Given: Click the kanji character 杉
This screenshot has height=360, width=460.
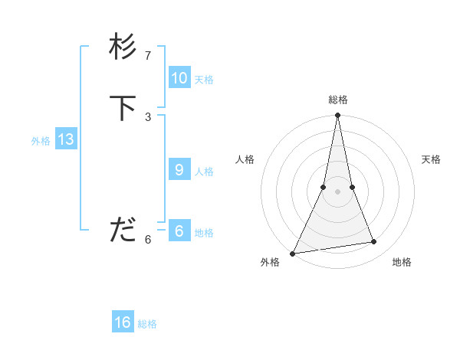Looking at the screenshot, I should [123, 47].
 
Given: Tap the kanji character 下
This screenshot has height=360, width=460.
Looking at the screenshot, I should [123, 108].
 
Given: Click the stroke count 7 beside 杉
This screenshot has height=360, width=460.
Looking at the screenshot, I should [148, 56].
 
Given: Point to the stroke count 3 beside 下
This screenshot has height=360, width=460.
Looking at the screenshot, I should [148, 116].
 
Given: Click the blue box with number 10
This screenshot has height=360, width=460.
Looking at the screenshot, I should [179, 78].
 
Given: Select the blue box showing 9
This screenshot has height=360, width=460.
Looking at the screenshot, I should [179, 170].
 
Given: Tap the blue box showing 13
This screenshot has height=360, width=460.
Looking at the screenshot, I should [66, 139].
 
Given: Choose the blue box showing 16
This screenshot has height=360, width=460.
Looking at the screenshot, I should [123, 322].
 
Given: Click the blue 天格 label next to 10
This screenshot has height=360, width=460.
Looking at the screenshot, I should [204, 80].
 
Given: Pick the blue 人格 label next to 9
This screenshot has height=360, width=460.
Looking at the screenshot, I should [204, 172].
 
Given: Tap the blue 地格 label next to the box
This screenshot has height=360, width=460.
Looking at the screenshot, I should [204, 233].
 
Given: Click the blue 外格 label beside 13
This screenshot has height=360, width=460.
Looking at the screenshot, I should [41, 141].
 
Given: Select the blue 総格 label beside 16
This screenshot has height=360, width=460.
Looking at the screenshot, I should [147, 324].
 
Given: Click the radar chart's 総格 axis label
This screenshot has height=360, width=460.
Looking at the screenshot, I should [338, 100].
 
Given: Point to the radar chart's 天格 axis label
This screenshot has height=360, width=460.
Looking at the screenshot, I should [432, 159].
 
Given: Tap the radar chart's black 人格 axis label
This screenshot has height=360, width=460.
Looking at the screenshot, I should [245, 159].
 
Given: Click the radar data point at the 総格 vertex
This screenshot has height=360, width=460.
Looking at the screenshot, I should [337, 116].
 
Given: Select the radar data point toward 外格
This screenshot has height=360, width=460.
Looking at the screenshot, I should [292, 254].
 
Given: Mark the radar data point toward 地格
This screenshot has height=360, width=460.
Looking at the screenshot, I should [374, 242].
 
